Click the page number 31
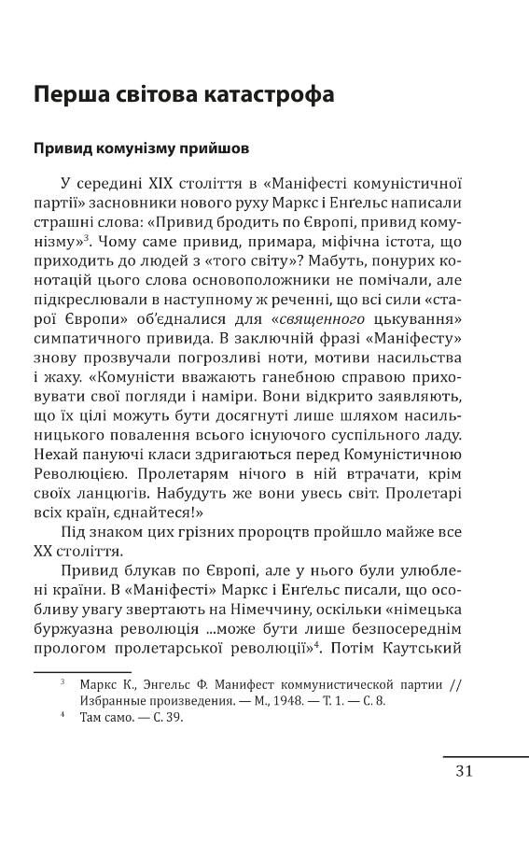465,770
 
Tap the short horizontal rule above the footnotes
82,671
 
